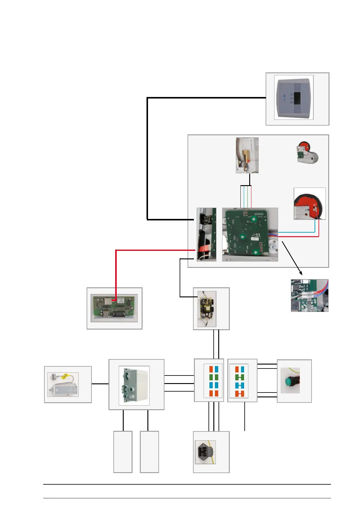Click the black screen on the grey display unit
click(x=297, y=98)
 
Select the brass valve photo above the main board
click(x=247, y=155)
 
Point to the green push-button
click(x=289, y=381)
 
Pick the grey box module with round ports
click(x=134, y=385)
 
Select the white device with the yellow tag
click(x=63, y=385)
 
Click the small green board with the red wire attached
click(x=114, y=308)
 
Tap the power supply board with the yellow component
click(x=207, y=309)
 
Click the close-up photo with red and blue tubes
click(x=309, y=295)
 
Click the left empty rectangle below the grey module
click(x=123, y=451)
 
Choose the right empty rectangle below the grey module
click(x=149, y=451)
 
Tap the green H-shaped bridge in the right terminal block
click(x=240, y=378)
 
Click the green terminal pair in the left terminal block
click(x=214, y=378)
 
